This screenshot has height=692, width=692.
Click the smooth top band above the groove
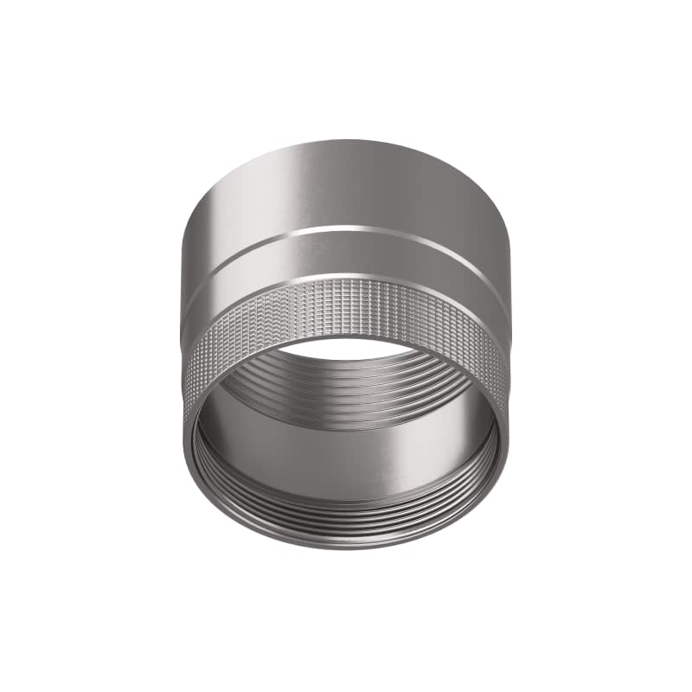pos(346,186)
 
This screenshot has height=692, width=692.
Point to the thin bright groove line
pos(346,230)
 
